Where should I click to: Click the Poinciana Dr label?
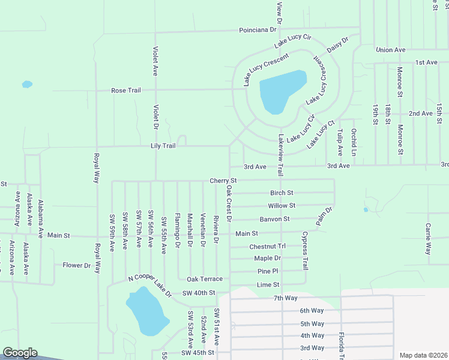pos(258,29)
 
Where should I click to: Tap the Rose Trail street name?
pos(125,91)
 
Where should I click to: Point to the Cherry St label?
pos(223,181)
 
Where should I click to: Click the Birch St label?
pos(282,193)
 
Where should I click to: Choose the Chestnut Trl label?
pos(267,247)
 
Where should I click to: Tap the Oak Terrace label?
pos(204,280)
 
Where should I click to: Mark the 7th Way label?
pos(286,298)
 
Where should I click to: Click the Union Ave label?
pos(391,50)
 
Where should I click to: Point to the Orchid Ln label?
pos(354,142)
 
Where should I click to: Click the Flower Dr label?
pos(76,265)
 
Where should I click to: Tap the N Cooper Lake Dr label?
pos(150,287)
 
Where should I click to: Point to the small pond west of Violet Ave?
pos(27,84)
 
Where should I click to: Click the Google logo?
pos(20,353)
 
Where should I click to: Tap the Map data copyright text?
pos(423,355)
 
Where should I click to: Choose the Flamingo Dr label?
pos(178,230)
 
